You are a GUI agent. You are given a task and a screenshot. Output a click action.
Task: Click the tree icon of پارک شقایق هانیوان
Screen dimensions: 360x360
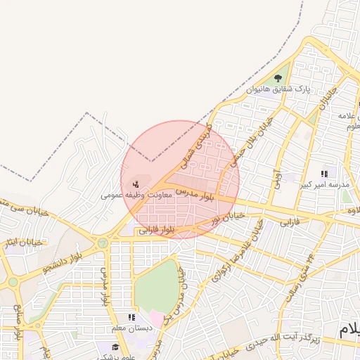click(278, 78)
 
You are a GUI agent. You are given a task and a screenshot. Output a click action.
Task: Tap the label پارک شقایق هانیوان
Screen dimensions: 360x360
click(279, 90)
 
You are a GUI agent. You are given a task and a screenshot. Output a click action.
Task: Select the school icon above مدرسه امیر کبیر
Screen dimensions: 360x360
click(324, 173)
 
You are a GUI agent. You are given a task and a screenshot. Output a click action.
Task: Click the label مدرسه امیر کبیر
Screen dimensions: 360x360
click(324, 185)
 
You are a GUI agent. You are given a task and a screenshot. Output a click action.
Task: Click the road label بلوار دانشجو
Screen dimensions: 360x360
click(59, 260)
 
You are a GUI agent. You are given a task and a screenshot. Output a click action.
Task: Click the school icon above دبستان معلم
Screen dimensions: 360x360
click(131, 318)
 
